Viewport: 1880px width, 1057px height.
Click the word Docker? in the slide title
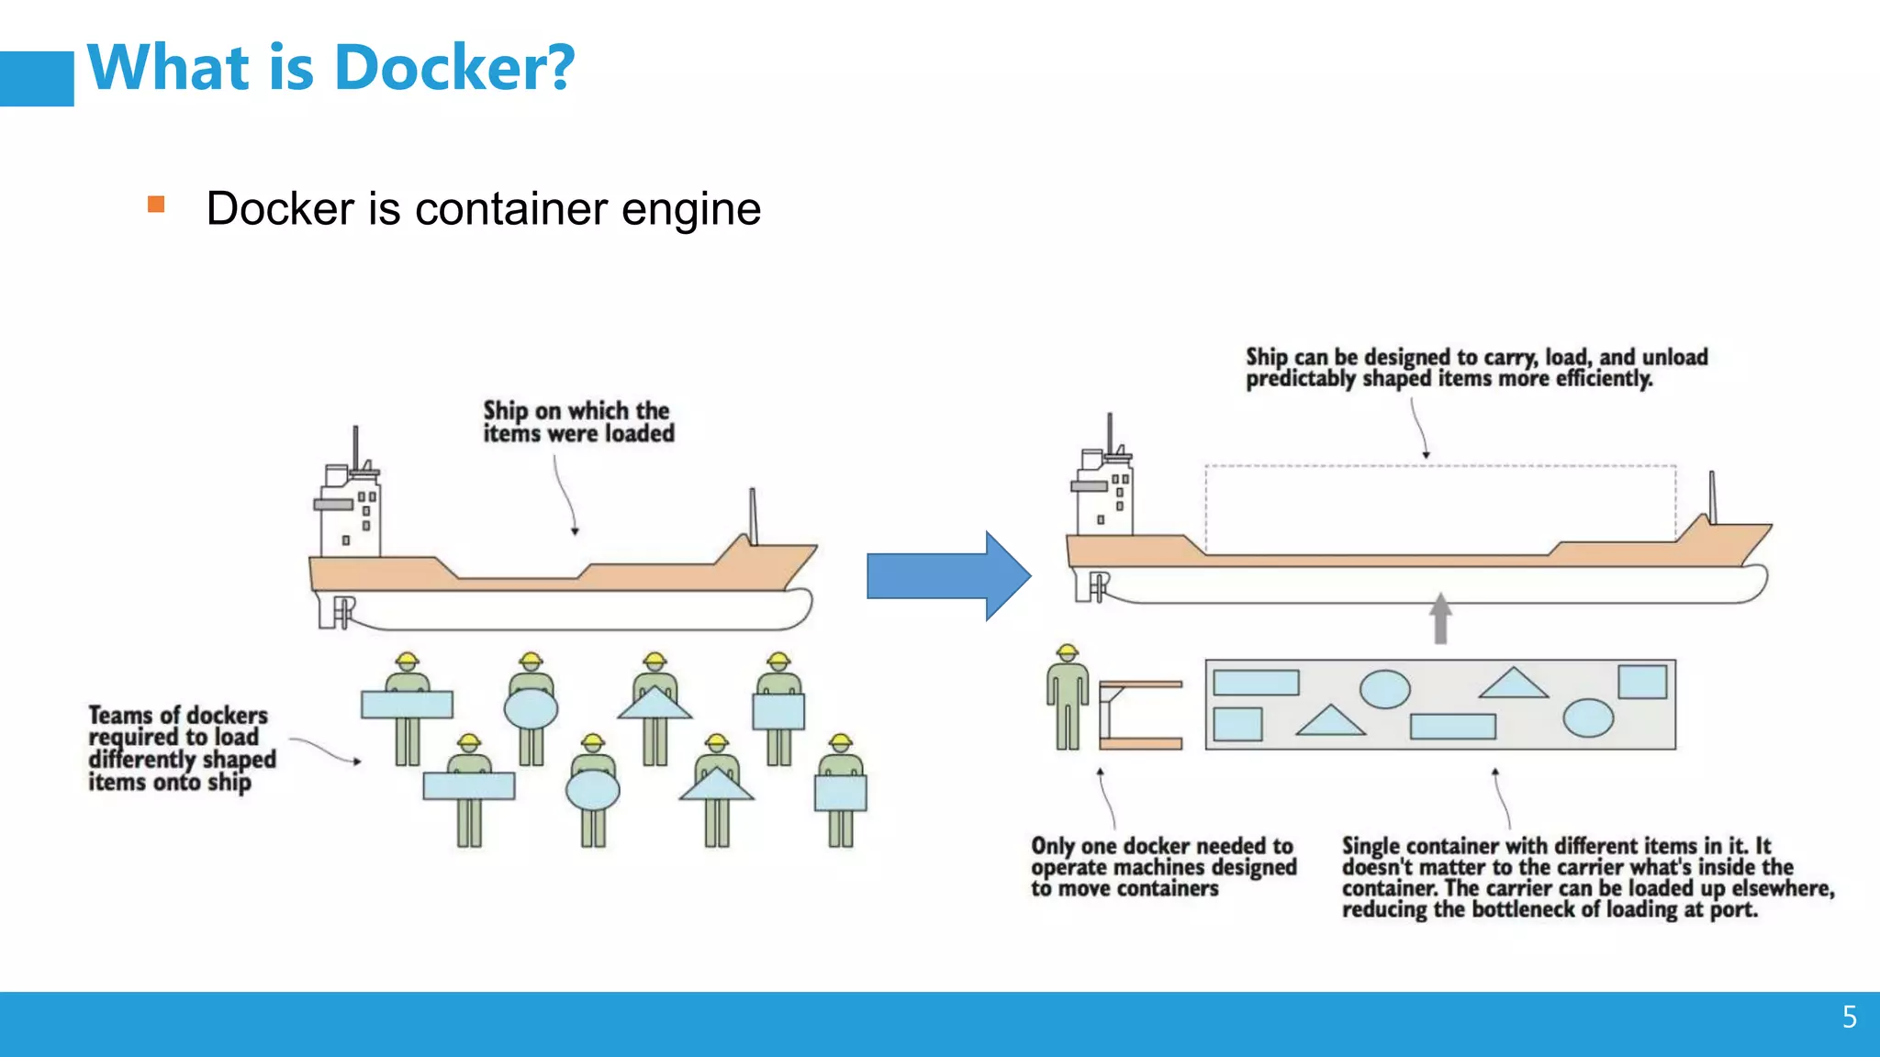click(x=453, y=68)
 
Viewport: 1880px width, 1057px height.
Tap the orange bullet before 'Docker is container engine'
click(x=156, y=204)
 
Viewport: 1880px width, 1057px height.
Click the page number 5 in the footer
click(x=1849, y=1017)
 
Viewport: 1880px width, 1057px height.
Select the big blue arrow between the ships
click(x=947, y=576)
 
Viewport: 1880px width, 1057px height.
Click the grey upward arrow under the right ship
click(x=1440, y=618)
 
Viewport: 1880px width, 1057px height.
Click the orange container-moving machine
click(x=1138, y=715)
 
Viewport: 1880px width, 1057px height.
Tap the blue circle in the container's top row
click(x=1384, y=689)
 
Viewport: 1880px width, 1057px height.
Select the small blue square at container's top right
click(x=1641, y=683)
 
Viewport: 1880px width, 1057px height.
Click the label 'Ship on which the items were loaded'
click(x=577, y=422)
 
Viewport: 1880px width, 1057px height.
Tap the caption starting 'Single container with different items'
click(x=1586, y=877)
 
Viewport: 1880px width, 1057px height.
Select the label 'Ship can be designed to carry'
click(x=1475, y=367)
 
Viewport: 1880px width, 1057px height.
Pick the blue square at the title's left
click(x=37, y=79)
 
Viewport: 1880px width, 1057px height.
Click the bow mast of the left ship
click(x=753, y=516)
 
